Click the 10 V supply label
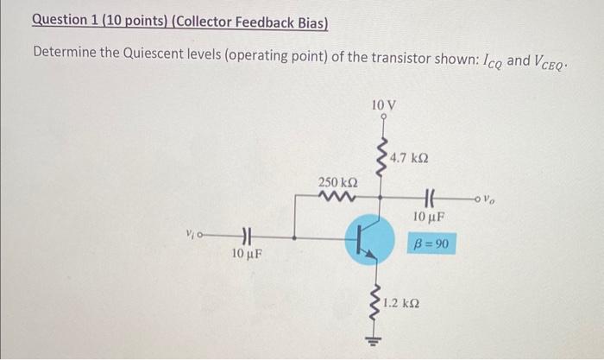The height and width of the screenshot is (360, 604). point(380,104)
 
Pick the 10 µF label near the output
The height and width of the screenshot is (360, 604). point(429,216)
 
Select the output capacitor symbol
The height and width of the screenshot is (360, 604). point(429,197)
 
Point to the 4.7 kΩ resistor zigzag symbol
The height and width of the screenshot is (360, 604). point(381,158)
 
